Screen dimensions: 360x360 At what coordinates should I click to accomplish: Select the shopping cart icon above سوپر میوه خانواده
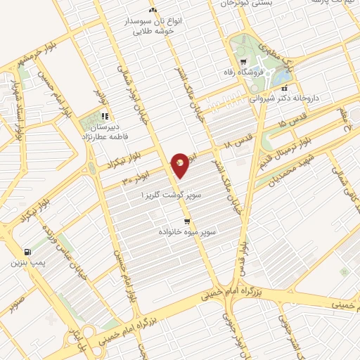pyautogui.click(x=186, y=221)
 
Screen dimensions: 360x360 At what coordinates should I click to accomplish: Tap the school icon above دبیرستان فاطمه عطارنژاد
pyautogui.click(x=104, y=116)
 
